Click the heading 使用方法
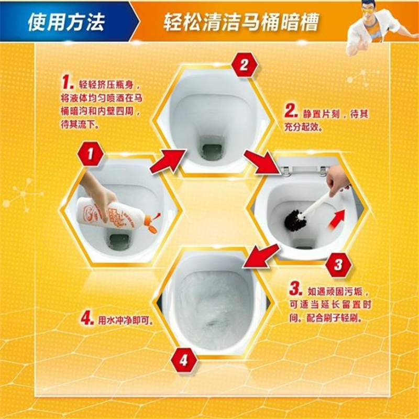(66, 21)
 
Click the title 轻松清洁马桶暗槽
(241, 21)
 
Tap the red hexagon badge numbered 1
(91, 154)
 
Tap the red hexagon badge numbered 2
(244, 65)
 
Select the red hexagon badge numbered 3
(338, 264)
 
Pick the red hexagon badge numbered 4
(184, 360)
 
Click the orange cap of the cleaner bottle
(150, 224)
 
